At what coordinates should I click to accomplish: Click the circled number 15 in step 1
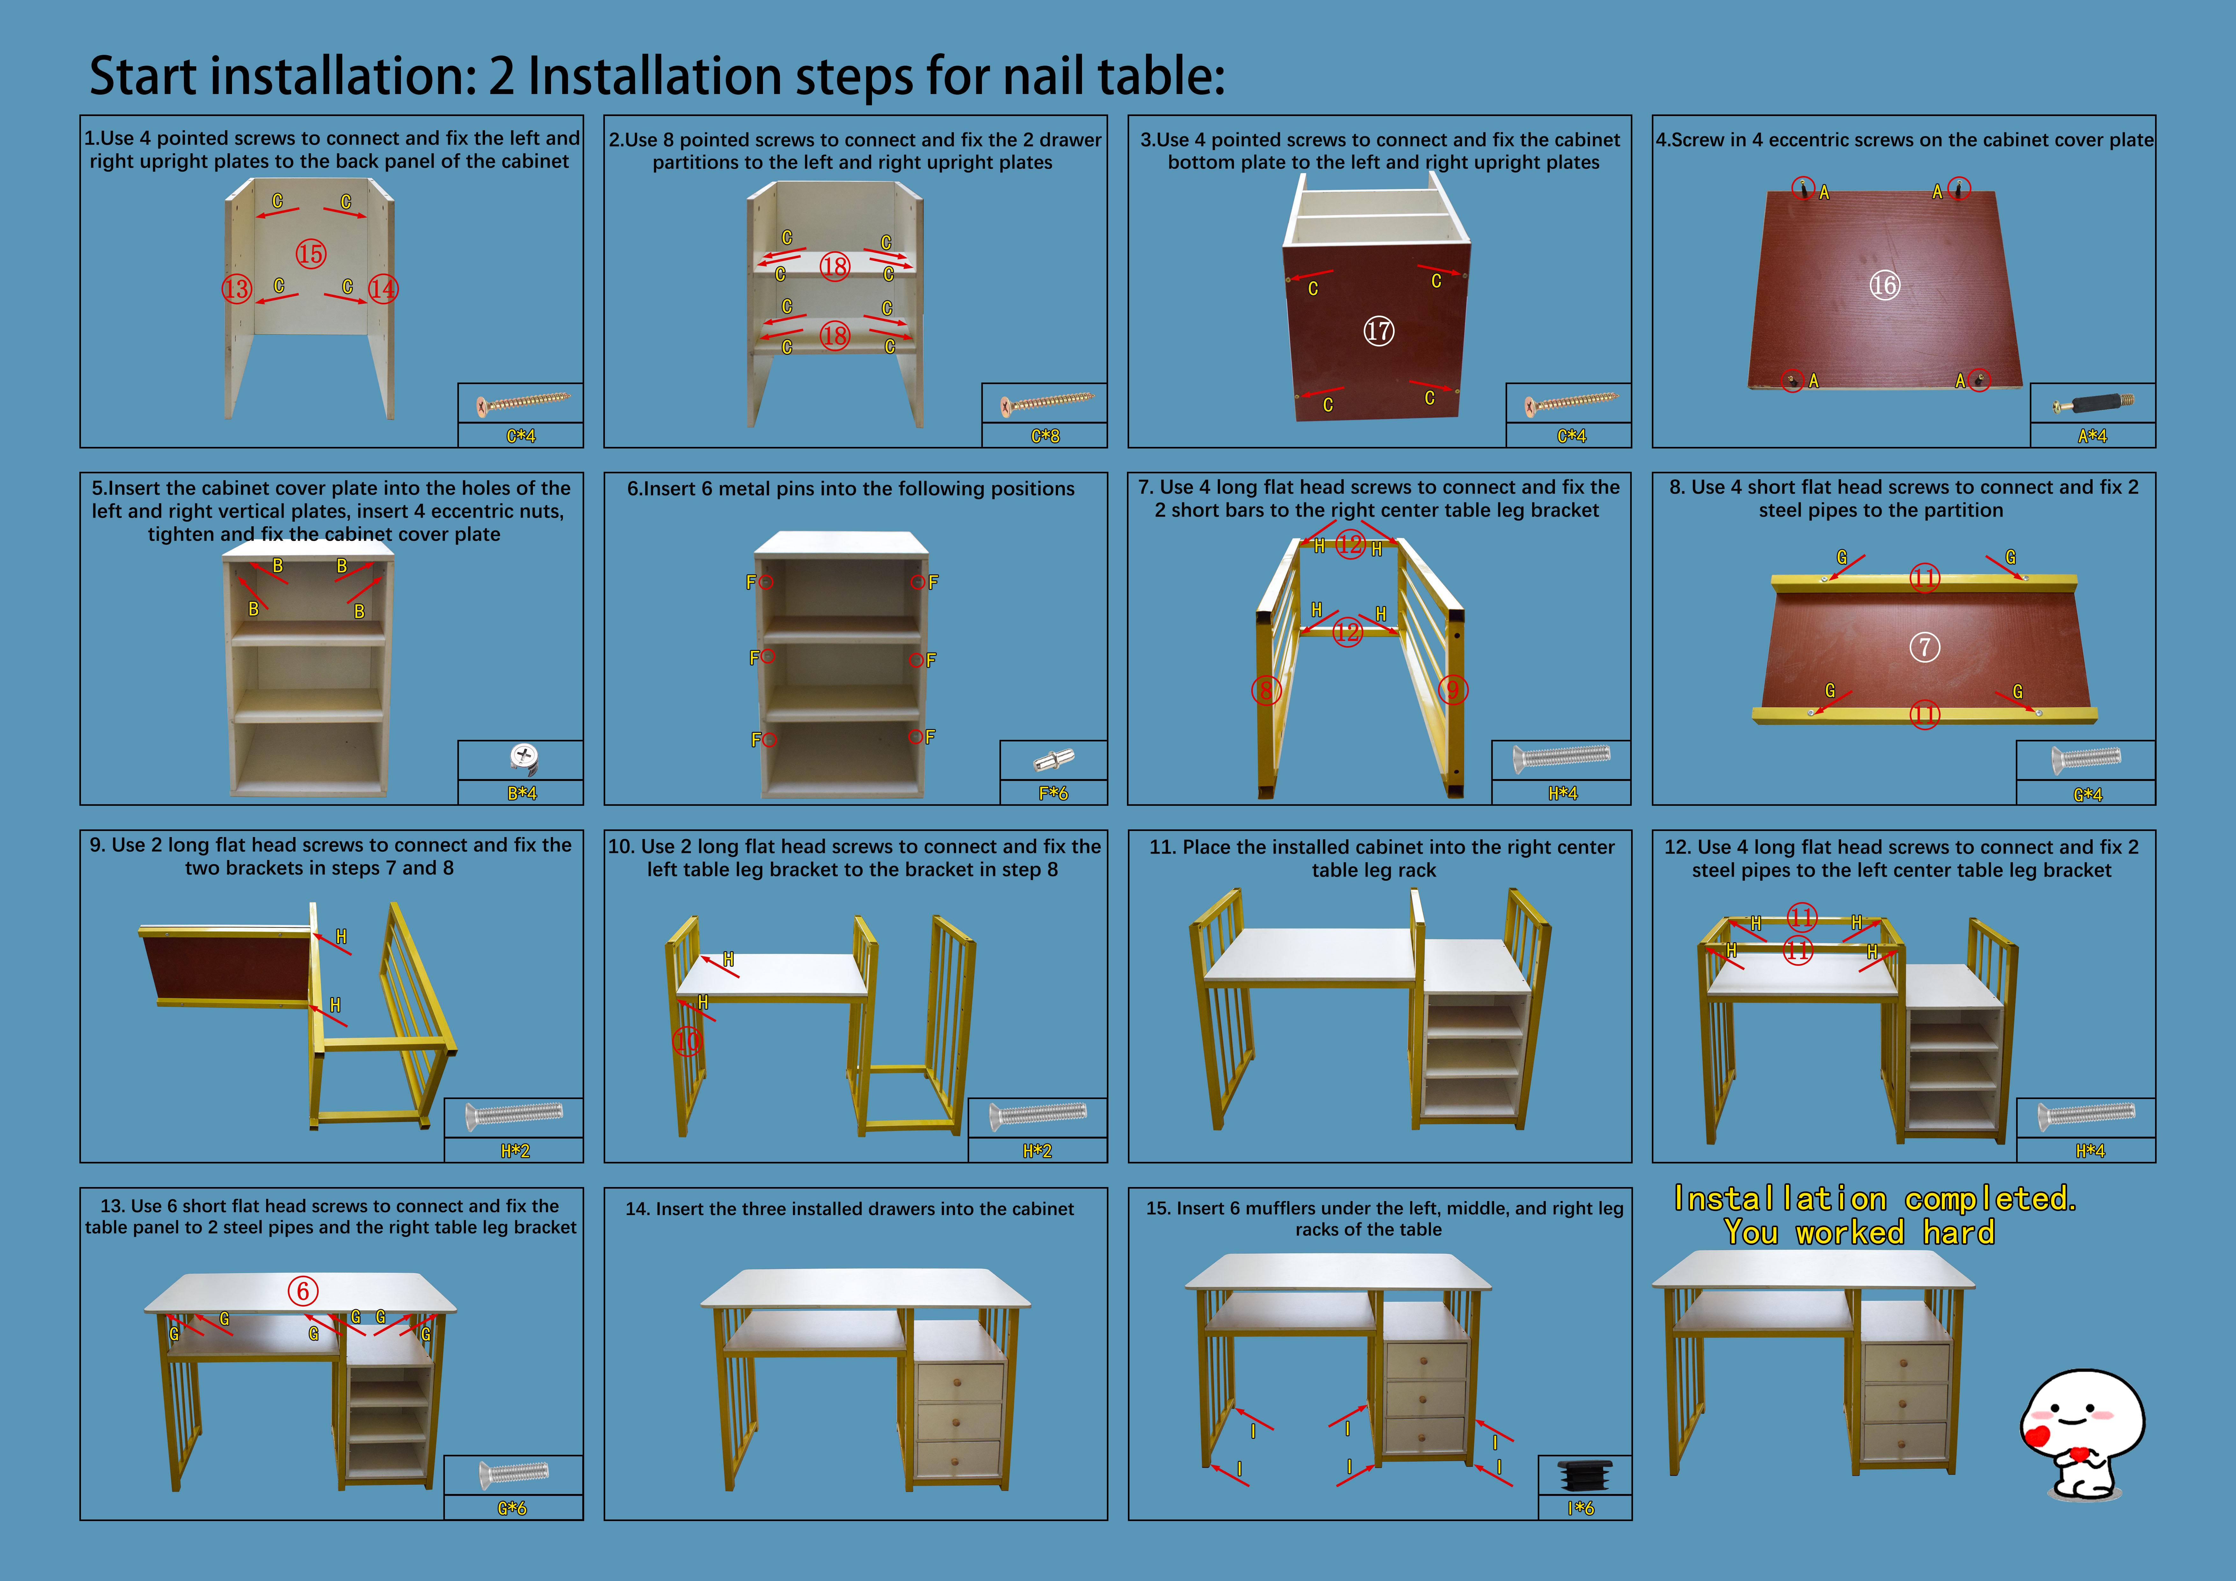click(x=311, y=254)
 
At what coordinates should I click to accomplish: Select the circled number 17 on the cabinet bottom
click(x=1378, y=331)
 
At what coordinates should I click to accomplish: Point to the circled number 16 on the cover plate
click(x=1884, y=285)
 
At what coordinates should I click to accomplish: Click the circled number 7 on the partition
click(x=1924, y=647)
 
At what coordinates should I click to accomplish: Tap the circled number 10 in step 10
click(x=686, y=1041)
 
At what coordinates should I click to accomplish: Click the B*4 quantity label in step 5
click(x=521, y=793)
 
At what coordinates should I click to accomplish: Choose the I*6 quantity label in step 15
click(x=1580, y=1508)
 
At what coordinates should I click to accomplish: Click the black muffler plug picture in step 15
click(x=1585, y=1475)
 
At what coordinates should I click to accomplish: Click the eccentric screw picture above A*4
click(x=2092, y=402)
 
